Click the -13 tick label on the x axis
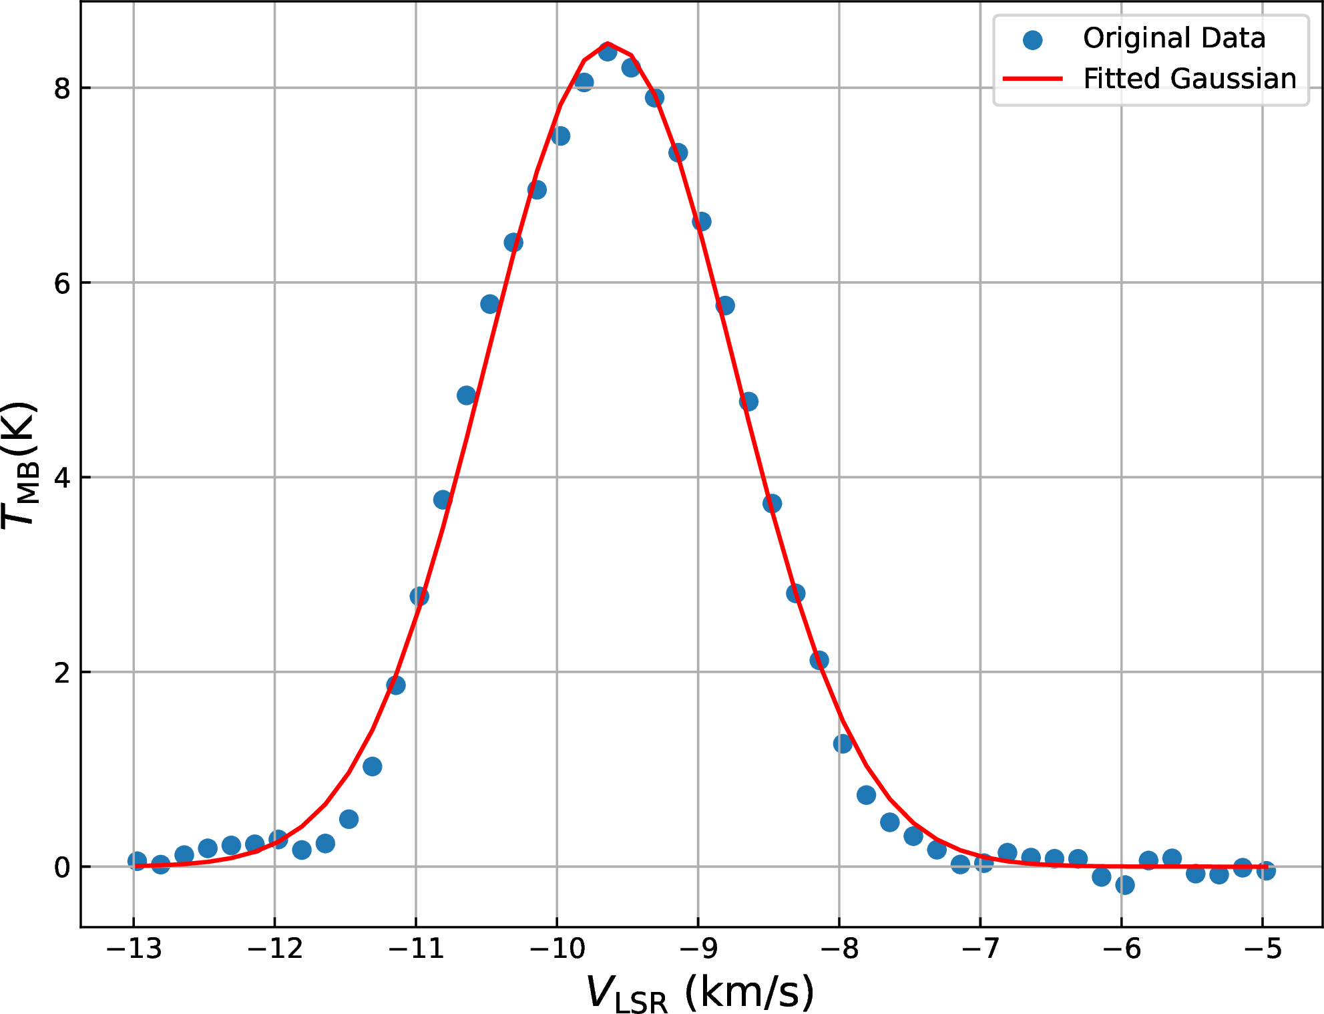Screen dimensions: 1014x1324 pos(134,949)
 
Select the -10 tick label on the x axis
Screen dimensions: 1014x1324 pos(557,949)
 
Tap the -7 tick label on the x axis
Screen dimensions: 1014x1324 pos(980,949)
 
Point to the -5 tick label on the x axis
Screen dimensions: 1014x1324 pos(1263,949)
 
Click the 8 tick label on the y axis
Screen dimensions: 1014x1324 pos(62,88)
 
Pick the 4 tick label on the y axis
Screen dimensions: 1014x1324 pos(62,478)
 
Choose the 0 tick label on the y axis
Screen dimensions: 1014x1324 pos(62,868)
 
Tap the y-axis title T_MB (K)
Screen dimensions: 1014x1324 pos(20,465)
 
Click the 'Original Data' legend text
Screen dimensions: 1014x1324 pos(1174,38)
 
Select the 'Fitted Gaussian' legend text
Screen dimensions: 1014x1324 pos(1189,79)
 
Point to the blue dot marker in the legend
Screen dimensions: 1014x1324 pos(1032,40)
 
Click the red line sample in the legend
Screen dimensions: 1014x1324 pos(1032,79)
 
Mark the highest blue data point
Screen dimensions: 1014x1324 pos(607,51)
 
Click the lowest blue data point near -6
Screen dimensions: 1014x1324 pos(1124,885)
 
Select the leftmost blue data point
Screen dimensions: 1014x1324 pos(137,861)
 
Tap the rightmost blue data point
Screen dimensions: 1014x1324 pos(1266,870)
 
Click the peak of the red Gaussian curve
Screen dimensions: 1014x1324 pos(607,43)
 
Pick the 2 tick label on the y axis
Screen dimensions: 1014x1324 pos(62,673)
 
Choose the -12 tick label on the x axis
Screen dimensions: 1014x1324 pos(274,949)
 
